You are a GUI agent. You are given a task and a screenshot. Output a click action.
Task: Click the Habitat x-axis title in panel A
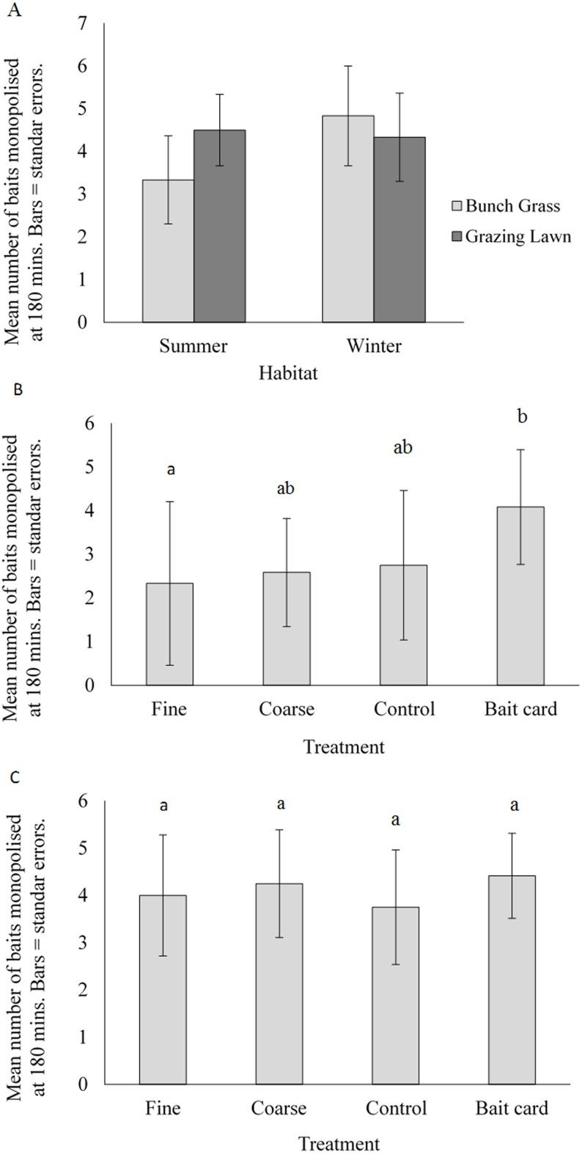(x=288, y=373)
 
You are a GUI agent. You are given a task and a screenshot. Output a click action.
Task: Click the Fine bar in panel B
(x=169, y=633)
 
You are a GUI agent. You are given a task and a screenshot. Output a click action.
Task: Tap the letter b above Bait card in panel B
(x=522, y=416)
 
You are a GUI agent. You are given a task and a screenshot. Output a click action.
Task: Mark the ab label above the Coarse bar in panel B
(x=285, y=488)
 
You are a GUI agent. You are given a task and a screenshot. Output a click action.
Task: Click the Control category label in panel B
(x=404, y=709)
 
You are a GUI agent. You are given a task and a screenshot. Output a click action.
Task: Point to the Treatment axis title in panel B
(x=344, y=747)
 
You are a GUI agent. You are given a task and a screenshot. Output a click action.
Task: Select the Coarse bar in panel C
(x=279, y=983)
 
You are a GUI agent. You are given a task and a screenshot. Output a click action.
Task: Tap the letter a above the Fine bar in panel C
(x=163, y=805)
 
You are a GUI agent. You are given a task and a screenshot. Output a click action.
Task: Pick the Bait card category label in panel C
(x=512, y=1108)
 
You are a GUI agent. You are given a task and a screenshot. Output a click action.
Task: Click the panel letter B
(x=18, y=389)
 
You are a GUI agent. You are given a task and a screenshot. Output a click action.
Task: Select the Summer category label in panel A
(x=194, y=345)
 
